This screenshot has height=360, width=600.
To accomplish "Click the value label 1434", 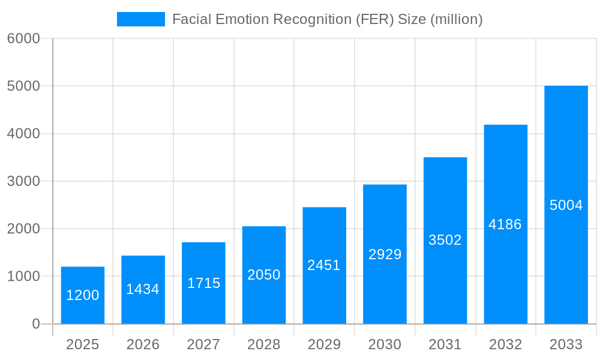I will point(143,289).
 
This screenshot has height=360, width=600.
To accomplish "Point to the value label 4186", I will point(505,224).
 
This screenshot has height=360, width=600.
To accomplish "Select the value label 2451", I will point(324,265).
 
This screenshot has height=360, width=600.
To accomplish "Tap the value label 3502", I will point(445,240).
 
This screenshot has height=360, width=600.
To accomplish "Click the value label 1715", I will point(203,283).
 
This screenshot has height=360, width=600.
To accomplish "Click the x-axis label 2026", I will point(143,344).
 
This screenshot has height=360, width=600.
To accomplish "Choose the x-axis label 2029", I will point(324,344).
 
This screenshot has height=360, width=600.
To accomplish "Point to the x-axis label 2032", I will point(505,344).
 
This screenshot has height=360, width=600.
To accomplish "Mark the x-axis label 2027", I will point(203,344).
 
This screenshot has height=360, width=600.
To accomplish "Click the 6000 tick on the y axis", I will point(23,38).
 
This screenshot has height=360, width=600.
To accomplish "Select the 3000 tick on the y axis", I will point(23,181).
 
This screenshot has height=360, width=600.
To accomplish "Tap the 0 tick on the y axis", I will point(36,324).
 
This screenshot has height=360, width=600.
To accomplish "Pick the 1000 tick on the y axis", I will point(23,277).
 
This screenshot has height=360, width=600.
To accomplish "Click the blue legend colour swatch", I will point(141,19).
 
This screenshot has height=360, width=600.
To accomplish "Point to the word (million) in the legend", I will point(457,19).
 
